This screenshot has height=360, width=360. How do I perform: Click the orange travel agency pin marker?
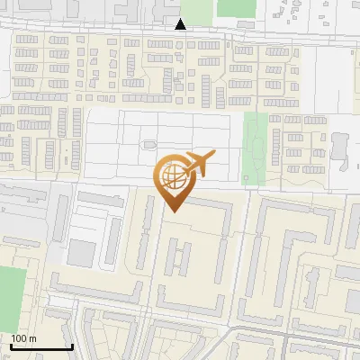pyautogui.click(x=173, y=178)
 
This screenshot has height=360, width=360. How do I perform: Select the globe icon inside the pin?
pyautogui.click(x=173, y=176)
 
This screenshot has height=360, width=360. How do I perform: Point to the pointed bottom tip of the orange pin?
pyautogui.click(x=173, y=211)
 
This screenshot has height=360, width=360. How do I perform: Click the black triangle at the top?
pyautogui.click(x=181, y=24)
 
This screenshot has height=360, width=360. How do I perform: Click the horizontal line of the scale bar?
pyautogui.click(x=41, y=347)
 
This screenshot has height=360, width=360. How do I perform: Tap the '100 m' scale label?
pyautogui.click(x=23, y=338)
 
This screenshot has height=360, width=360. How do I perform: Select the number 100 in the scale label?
pyautogui.click(x=19, y=338)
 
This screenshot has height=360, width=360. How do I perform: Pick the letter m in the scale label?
pyautogui.click(x=32, y=338)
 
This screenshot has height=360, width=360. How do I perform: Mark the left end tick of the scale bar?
pyautogui.click(x=11, y=345)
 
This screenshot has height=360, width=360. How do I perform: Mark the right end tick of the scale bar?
pyautogui.click(x=72, y=345)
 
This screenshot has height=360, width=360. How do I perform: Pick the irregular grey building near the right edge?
pyautogui.click(x=340, y=148)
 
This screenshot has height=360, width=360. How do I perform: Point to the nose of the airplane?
pyautogui.click(x=213, y=157)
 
